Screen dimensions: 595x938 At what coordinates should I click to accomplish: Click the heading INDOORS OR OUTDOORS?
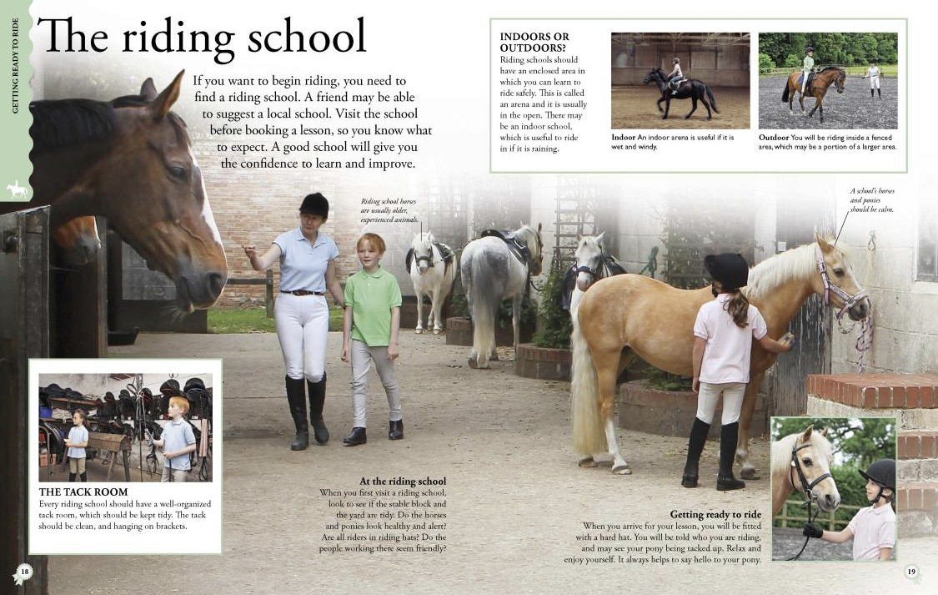tap(534, 43)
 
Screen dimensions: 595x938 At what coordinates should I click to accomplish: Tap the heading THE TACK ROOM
tap(83, 492)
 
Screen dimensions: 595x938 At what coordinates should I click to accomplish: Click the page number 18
tap(25, 572)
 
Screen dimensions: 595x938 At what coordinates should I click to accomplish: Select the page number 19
tap(911, 572)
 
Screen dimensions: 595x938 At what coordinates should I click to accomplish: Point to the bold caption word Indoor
tap(624, 137)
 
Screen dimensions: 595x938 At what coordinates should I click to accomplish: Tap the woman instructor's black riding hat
tap(314, 204)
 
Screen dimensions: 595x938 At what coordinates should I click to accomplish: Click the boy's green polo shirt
tap(373, 305)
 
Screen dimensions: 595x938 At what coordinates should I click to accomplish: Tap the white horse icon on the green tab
tap(17, 190)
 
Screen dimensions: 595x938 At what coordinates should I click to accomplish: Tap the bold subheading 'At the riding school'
tap(403, 482)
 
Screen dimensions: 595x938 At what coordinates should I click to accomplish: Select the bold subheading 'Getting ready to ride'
tap(715, 514)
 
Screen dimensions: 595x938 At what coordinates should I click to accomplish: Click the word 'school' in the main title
tap(297, 38)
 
